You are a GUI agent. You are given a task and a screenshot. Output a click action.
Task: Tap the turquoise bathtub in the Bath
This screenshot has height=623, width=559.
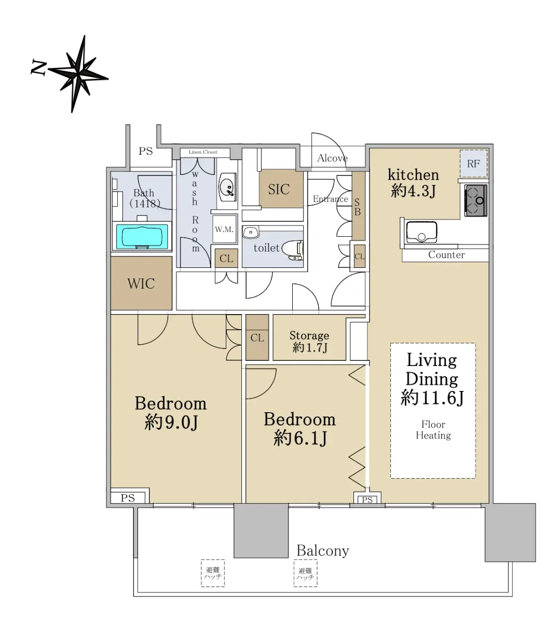point(142,236)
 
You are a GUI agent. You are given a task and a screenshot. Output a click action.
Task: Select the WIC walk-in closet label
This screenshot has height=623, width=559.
point(141,283)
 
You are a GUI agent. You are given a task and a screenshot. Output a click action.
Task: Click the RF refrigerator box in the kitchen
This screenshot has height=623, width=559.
point(473,164)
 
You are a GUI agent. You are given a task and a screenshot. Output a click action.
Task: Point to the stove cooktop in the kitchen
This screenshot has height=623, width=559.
point(475,200)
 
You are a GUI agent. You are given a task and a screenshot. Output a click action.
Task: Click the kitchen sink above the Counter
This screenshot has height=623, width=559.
point(421,232)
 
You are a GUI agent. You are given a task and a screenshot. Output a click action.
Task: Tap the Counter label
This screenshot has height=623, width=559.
point(446,254)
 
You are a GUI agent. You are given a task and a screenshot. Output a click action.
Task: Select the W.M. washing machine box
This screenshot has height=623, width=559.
point(224,229)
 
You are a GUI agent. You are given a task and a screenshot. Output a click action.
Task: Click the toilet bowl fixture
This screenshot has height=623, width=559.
point(292,249)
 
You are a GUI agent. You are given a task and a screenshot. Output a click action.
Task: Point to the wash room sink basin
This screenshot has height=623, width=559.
point(227,187)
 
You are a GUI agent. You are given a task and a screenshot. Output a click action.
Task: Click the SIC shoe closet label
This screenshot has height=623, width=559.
point(279,189)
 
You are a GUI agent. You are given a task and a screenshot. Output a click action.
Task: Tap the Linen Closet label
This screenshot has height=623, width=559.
point(203,152)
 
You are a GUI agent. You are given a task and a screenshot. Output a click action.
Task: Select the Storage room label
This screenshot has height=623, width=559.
point(309,335)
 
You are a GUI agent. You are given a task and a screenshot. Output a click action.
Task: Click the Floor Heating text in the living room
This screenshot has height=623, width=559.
point(433,430)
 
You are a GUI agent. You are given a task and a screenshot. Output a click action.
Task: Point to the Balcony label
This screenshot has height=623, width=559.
point(323,550)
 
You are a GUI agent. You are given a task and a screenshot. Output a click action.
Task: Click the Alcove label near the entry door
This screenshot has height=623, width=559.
point(332,158)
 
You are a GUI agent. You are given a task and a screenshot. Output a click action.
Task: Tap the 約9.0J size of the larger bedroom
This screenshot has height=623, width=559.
point(171,422)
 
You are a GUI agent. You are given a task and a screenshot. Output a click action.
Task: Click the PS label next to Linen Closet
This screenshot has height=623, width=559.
point(145,151)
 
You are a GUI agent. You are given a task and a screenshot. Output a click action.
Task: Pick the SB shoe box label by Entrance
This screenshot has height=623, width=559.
point(357,207)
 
